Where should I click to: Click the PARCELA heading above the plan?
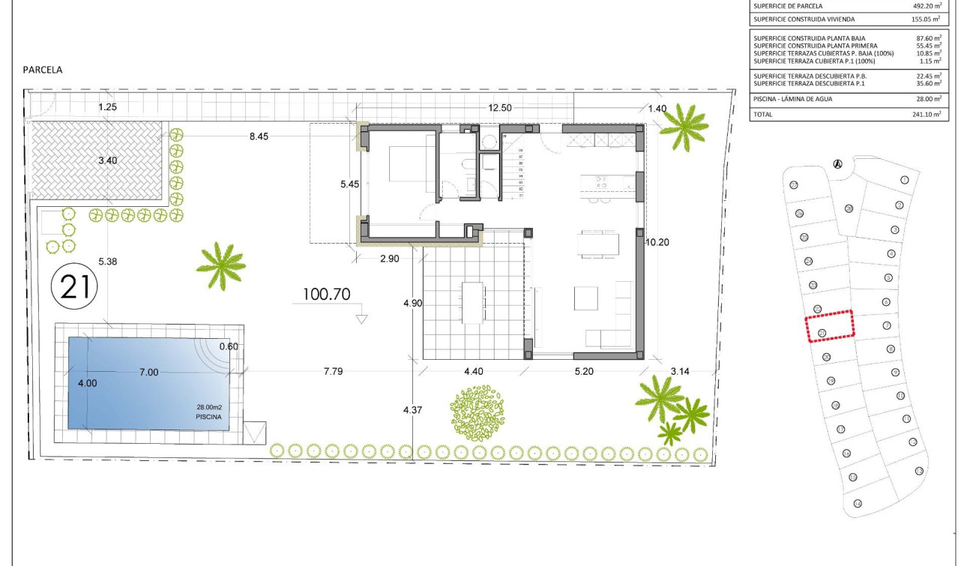tap(43, 70)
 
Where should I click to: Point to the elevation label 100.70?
tap(326, 295)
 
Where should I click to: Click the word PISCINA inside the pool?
tap(208, 418)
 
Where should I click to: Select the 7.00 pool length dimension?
tap(148, 373)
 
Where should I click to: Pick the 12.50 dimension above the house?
tap(499, 108)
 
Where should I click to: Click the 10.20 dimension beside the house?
tap(657, 242)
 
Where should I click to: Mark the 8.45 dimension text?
tap(259, 136)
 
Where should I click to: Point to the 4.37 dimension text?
tap(413, 410)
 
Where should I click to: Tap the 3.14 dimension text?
tap(681, 371)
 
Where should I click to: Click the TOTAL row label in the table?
tap(763, 115)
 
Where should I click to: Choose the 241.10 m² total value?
tap(928, 115)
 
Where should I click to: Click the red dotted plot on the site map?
tap(830, 326)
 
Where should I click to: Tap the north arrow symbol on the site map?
tap(838, 164)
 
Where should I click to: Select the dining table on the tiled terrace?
tap(472, 302)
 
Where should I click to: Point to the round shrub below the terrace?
tap(478, 409)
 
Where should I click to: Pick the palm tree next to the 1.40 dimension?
tap(683, 127)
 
